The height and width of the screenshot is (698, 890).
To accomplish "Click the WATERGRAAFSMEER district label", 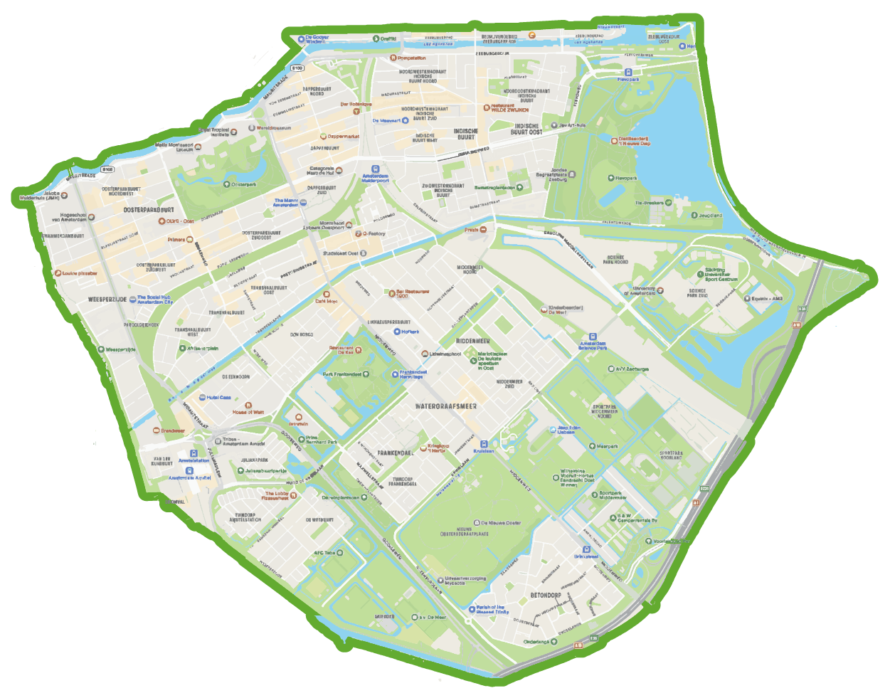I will (446, 406).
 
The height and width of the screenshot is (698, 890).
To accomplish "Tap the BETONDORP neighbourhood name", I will (546, 595).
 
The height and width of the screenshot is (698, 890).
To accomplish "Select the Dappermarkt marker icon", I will (323, 137).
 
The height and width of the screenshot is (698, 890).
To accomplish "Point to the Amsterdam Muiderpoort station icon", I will (376, 170).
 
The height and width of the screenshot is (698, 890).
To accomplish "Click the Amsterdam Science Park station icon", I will (593, 337).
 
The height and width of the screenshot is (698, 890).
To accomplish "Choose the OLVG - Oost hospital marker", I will (161, 221).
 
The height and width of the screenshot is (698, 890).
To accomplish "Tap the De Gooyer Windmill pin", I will (301, 39).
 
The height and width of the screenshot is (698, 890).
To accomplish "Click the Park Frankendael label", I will (342, 374).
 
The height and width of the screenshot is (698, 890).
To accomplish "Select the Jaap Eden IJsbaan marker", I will (551, 430).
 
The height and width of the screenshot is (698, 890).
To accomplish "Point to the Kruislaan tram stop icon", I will (484, 444).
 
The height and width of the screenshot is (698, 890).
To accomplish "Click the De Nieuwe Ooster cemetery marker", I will (477, 523).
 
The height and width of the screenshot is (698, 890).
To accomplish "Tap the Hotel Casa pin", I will (203, 398).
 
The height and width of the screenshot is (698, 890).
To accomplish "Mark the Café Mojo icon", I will (327, 294).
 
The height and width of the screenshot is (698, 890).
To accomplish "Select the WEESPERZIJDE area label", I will (107, 300).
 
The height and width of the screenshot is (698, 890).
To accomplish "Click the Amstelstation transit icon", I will (194, 453).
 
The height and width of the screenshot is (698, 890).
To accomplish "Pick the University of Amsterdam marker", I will (660, 290).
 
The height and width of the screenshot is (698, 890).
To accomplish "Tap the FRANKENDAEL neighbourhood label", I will (395, 453).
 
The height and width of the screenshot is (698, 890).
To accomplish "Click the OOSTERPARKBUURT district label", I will (149, 210).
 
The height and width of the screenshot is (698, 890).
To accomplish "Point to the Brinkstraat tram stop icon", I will (586, 549).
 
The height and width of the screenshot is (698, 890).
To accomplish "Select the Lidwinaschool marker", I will (425, 354).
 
